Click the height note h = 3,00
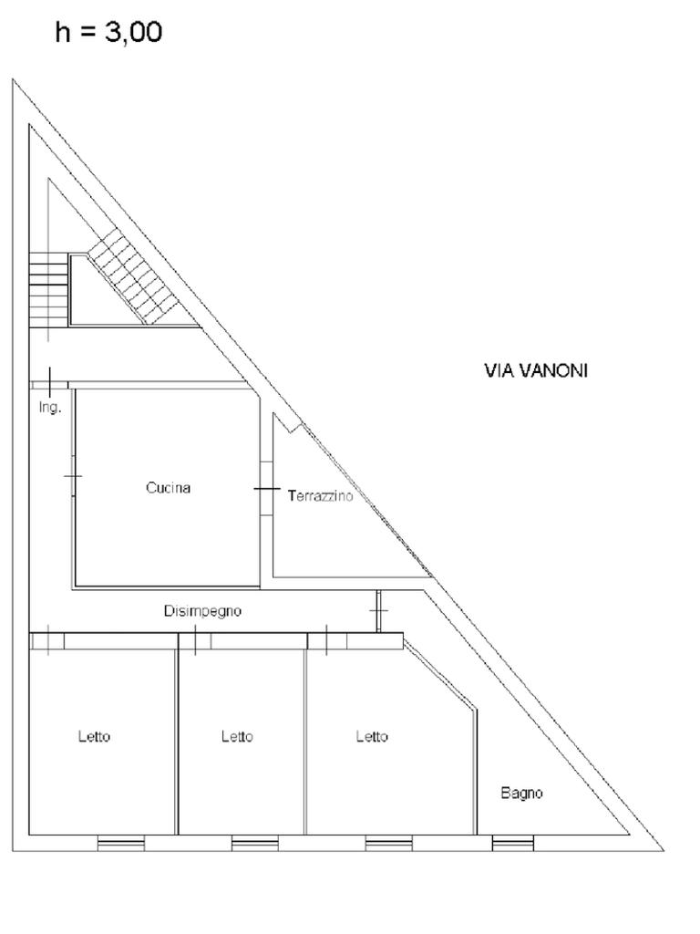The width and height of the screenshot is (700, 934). pyautogui.click(x=109, y=33)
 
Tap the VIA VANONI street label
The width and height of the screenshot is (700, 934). pyautogui.click(x=535, y=370)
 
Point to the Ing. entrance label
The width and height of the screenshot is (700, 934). pyautogui.click(x=50, y=408)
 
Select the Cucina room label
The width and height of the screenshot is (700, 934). pyautogui.click(x=169, y=488)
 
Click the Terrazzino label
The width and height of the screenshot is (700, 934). pyautogui.click(x=319, y=496)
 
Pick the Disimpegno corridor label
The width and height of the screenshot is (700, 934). pyautogui.click(x=202, y=611)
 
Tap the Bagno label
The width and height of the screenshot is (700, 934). pyautogui.click(x=521, y=794)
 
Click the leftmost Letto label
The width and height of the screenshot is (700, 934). pyautogui.click(x=94, y=737)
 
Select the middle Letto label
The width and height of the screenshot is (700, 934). pyautogui.click(x=237, y=737)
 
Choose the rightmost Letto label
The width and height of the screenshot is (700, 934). pyautogui.click(x=372, y=737)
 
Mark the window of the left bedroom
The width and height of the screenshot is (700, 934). pyautogui.click(x=120, y=844)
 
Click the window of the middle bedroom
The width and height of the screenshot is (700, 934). pyautogui.click(x=254, y=844)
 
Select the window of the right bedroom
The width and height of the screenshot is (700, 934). pyautogui.click(x=388, y=844)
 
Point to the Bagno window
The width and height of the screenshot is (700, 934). pyautogui.click(x=513, y=844)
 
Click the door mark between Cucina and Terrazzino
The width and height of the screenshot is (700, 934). pyautogui.click(x=266, y=489)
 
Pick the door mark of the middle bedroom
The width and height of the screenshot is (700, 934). pyautogui.click(x=194, y=641)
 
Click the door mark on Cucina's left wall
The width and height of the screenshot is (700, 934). pyautogui.click(x=73, y=476)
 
